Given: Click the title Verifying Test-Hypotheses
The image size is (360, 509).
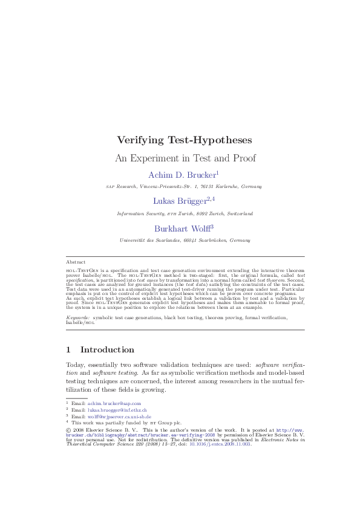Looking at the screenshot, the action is click(185, 140).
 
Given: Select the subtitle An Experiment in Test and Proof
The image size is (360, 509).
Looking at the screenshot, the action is click(185, 158).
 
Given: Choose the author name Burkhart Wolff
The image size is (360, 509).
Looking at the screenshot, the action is click(182, 229).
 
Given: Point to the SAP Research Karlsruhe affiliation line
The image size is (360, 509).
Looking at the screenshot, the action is click(185, 187).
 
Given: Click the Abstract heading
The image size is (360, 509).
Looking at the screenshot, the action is click(76, 262).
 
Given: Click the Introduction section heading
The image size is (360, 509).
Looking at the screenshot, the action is click(107, 350).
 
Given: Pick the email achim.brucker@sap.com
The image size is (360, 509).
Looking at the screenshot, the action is click(114, 403).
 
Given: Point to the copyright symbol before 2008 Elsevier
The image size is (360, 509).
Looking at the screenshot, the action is click(68, 430).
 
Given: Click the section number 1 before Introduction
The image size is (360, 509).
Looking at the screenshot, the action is click(68, 350).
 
